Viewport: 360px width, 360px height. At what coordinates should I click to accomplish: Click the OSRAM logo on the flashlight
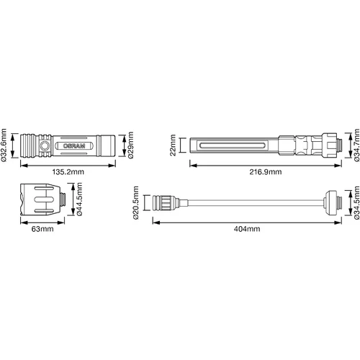point(74,145)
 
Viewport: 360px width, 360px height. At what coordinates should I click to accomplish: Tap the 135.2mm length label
point(68,172)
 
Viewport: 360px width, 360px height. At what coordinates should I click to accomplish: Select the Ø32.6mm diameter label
point(4,145)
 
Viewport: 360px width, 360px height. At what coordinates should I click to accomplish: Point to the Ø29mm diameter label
point(131,145)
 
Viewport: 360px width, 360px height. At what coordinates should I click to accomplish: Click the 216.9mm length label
point(266,172)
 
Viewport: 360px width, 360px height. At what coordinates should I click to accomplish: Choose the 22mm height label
point(173,145)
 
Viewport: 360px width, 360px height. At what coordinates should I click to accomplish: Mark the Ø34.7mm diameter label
point(356,145)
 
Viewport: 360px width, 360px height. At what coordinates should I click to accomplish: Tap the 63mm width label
point(42,229)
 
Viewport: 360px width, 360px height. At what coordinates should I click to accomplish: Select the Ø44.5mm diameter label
point(79,199)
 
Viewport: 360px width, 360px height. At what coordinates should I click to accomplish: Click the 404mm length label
point(247,229)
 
